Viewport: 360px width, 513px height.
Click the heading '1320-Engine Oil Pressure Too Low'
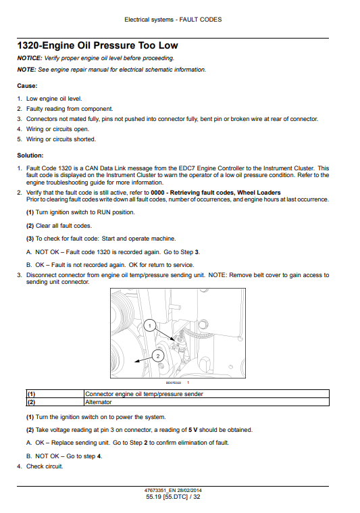coord(97,45)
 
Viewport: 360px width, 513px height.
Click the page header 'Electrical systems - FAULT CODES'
coord(173,20)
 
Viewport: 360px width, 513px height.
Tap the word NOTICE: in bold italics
coord(30,58)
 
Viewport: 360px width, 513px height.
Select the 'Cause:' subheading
coord(27,86)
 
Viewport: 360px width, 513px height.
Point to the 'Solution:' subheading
coord(30,155)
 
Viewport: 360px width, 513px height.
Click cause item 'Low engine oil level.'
coord(54,99)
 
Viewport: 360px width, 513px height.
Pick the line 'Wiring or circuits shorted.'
coord(61,139)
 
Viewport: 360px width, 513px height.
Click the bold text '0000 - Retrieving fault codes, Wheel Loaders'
coord(215,193)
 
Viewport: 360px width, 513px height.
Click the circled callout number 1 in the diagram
coord(150,326)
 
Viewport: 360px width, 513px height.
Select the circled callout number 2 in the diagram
coord(158,356)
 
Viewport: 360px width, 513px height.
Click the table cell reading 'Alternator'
coord(99,402)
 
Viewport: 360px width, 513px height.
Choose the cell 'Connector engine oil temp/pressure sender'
coord(144,394)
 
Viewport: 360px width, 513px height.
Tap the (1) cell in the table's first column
coord(31,394)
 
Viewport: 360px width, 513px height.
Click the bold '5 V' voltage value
coord(193,430)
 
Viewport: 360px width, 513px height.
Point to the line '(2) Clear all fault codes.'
coord(59,226)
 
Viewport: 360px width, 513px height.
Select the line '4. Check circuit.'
coord(41,466)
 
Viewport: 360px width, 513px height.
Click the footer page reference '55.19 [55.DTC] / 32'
coord(173,497)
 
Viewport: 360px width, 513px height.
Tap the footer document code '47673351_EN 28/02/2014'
coord(173,491)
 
